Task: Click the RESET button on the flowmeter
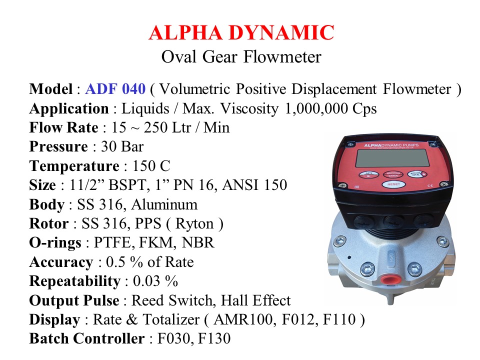393,184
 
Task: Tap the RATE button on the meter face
369,174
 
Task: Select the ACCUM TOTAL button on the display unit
416,174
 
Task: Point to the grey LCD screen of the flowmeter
393,158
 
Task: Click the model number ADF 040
115,89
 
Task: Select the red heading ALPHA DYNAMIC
241,32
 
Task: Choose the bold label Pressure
58,146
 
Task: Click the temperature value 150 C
151,166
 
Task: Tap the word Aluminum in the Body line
164,204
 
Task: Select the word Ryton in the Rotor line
194,224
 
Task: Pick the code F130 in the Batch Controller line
214,339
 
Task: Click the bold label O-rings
55,243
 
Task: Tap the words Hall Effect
256,300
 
